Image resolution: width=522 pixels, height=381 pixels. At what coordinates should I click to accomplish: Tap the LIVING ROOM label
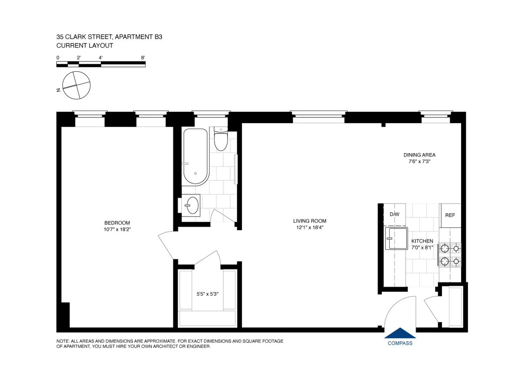(x=309, y=221)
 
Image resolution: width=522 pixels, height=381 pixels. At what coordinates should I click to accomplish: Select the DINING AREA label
(x=419, y=155)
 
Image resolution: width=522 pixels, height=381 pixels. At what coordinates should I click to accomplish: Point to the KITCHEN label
(x=422, y=241)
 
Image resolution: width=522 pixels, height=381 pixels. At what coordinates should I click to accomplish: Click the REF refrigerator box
(x=450, y=215)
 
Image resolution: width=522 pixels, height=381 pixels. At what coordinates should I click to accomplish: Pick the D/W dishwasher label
(x=395, y=214)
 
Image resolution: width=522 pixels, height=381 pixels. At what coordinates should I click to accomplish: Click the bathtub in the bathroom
(x=195, y=157)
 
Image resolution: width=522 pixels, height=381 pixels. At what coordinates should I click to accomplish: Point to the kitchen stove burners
(x=450, y=255)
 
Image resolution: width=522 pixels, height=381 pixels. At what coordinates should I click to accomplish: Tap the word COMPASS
(x=400, y=343)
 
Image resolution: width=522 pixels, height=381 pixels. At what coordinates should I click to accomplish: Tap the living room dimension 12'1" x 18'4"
(x=309, y=227)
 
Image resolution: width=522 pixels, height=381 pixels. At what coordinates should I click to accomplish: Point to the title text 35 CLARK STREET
(x=83, y=37)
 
